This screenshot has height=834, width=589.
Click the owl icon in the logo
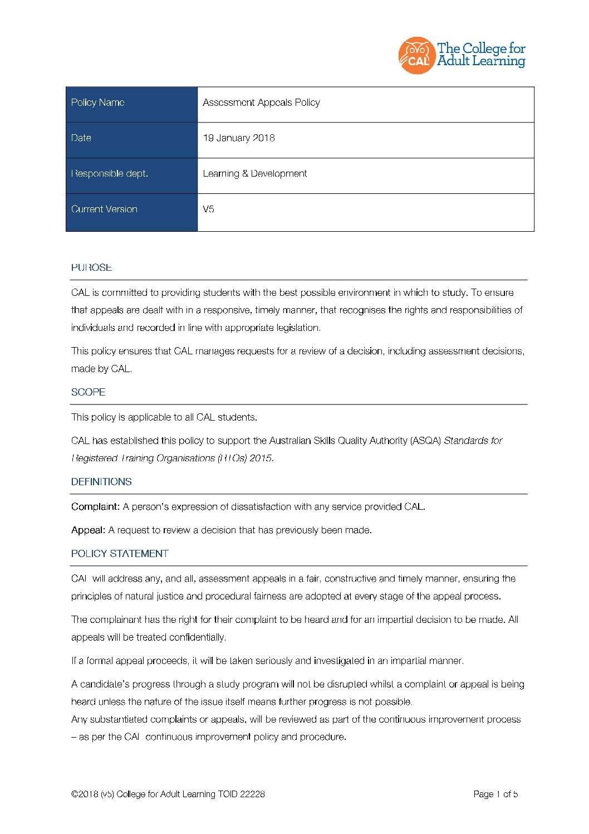click(x=416, y=55)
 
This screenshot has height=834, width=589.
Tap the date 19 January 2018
click(x=238, y=138)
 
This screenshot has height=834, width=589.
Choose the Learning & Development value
click(x=254, y=174)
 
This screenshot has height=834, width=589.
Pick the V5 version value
click(x=208, y=209)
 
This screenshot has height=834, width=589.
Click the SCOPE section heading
click(x=88, y=392)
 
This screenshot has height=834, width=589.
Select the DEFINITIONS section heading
click(x=101, y=482)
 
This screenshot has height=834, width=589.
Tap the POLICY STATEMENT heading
click(x=120, y=554)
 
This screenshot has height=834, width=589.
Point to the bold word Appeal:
click(x=88, y=530)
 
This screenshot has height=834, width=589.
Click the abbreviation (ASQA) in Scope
click(x=425, y=441)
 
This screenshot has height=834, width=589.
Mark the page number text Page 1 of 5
click(x=495, y=794)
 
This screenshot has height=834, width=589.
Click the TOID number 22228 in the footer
click(x=252, y=794)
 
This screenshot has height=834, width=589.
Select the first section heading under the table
click(x=91, y=267)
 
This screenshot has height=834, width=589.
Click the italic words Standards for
click(x=473, y=441)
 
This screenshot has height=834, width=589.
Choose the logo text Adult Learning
click(x=481, y=61)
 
